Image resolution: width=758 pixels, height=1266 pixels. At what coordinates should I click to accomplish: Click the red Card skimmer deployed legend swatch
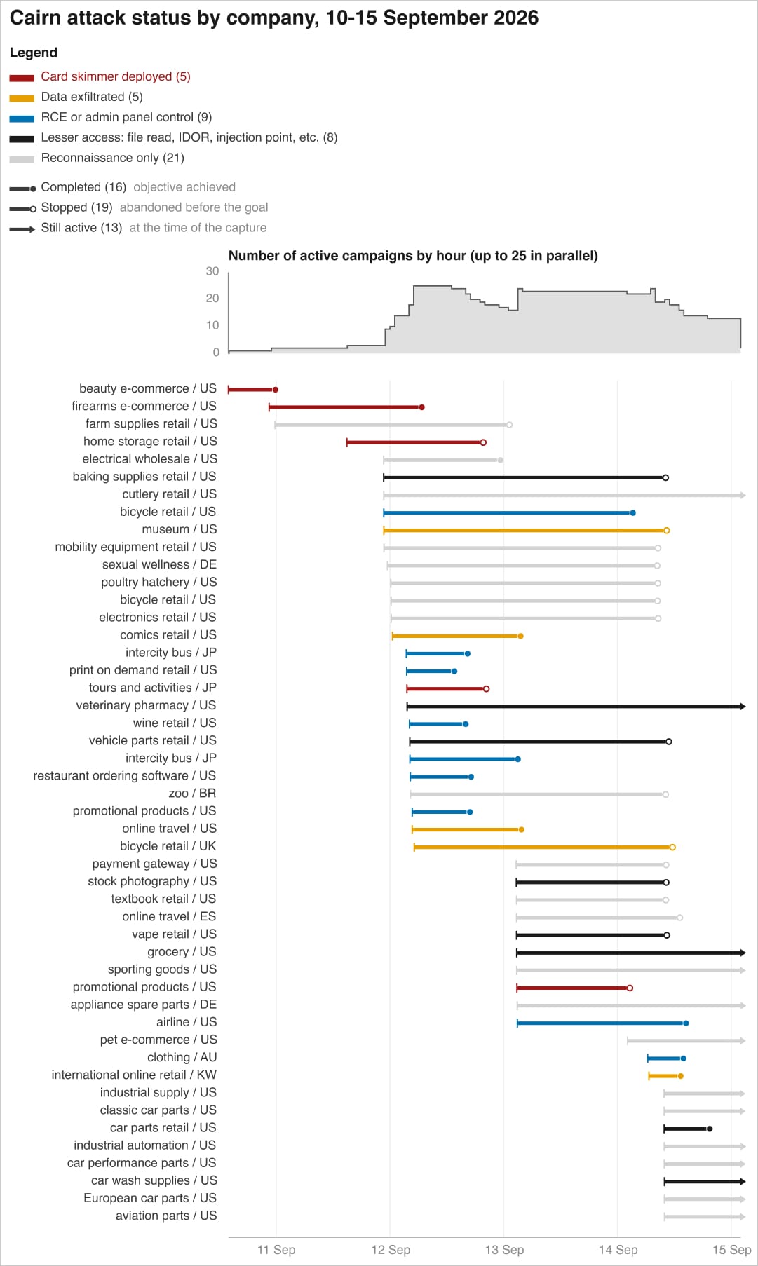click(22, 78)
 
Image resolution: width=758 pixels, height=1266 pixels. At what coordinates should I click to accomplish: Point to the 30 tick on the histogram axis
click(212, 271)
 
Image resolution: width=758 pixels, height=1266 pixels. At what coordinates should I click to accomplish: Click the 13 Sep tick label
click(504, 1250)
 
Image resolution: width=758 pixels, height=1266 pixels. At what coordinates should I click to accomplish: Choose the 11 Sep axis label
click(276, 1250)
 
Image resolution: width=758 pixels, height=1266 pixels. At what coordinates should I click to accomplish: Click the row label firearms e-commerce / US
click(144, 406)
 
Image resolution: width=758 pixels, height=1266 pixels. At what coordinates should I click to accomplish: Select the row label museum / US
click(180, 529)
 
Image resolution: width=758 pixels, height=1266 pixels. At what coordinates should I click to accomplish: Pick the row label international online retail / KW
click(134, 1075)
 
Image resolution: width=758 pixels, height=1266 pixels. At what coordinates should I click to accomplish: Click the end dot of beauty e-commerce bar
click(276, 390)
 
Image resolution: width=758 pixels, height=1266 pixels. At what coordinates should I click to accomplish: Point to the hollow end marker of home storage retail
click(483, 442)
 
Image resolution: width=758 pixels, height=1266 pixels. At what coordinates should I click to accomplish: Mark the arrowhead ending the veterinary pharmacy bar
click(743, 706)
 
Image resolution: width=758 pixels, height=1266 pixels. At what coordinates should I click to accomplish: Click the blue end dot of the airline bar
click(686, 1023)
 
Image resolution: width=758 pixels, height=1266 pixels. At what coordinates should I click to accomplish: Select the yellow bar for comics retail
click(456, 636)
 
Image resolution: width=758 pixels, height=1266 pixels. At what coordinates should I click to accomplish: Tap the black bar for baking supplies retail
click(524, 477)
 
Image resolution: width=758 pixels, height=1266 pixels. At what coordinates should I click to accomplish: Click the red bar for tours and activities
click(447, 688)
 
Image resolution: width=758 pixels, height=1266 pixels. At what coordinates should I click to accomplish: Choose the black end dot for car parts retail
click(710, 1129)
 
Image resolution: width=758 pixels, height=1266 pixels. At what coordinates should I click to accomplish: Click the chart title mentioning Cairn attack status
click(274, 18)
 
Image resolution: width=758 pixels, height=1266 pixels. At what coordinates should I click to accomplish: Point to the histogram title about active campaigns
click(413, 256)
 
